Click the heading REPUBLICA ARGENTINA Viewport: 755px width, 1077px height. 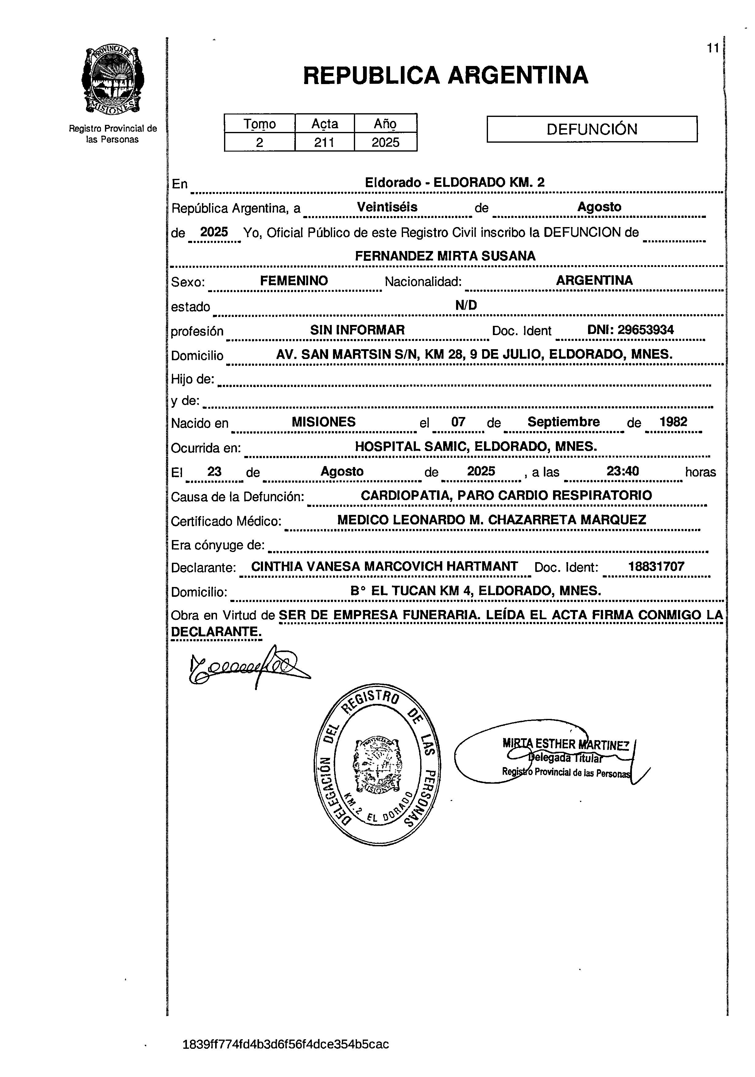(445, 75)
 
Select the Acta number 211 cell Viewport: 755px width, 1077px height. (324, 142)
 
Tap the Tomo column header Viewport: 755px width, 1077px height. (259, 124)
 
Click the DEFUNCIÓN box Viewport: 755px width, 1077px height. (592, 129)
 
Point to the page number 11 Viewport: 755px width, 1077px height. (713, 48)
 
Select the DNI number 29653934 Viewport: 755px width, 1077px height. (630, 330)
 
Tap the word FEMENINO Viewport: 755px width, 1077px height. (294, 280)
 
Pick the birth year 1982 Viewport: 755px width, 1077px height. (673, 422)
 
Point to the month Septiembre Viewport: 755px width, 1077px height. (563, 422)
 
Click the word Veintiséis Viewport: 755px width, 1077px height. (387, 207)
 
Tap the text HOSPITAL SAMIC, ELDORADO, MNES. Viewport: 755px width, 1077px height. (475, 446)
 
